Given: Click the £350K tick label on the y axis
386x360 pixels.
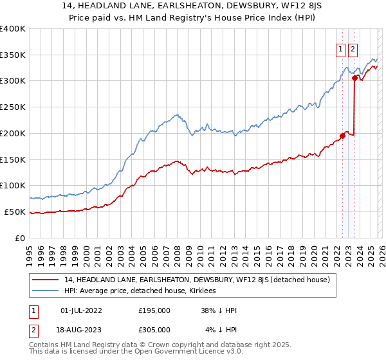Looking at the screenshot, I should [13, 55].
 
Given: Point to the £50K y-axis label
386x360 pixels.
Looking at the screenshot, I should [15, 212].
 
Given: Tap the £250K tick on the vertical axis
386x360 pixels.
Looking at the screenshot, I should [13, 107].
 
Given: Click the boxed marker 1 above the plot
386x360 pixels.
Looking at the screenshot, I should [340, 48].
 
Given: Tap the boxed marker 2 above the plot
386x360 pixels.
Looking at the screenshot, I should [354, 48].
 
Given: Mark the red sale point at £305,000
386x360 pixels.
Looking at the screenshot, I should [354, 78].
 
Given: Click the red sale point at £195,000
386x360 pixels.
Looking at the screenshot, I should [342, 136].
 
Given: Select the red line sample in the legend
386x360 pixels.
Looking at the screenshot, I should [46, 280].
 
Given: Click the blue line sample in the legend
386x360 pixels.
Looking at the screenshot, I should [46, 291].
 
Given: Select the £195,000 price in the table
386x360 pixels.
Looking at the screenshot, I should [154, 310].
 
